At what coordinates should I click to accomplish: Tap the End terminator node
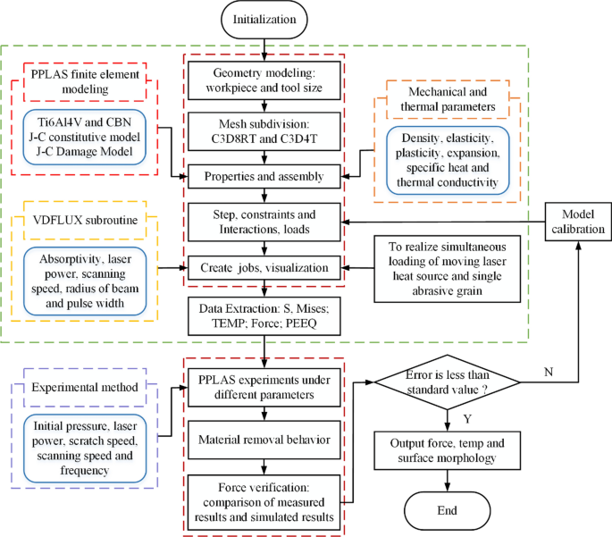pyautogui.click(x=445, y=510)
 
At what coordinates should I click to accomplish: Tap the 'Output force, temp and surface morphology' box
pyautogui.click(x=445, y=452)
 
